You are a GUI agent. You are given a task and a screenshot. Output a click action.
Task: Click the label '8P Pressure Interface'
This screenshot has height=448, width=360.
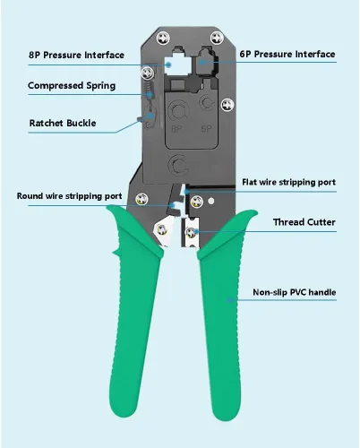pos(76,55)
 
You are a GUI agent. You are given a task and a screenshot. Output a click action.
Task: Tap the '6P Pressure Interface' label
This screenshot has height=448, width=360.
pos(287,54)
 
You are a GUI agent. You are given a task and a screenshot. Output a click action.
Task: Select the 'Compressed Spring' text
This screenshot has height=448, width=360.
pos(72,86)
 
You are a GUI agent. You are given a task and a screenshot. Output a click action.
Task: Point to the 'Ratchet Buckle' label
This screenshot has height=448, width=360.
pos(63,123)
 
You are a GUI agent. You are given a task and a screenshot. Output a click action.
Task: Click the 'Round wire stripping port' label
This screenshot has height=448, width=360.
pos(69,196)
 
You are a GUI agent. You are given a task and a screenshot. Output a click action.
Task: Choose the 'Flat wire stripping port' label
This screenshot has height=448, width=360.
pos(288,182)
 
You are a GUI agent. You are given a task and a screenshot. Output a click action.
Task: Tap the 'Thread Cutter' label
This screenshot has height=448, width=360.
pos(304,222)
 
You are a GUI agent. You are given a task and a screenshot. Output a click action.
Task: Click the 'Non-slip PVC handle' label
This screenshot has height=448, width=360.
pos(295,292)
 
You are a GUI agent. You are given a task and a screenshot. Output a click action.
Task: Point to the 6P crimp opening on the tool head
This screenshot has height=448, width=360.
pos(207,62)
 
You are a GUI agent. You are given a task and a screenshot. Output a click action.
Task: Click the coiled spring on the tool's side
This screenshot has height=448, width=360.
pos(149,90)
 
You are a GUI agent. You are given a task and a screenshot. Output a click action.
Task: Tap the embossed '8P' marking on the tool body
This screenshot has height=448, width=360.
pos(176,129)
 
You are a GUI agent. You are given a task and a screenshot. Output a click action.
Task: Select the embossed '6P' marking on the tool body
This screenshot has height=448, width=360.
pos(206,129)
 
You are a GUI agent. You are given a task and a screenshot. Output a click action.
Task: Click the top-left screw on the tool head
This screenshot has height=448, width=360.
pos(163,39)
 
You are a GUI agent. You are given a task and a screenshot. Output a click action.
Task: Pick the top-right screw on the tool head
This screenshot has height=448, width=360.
pos(217,38)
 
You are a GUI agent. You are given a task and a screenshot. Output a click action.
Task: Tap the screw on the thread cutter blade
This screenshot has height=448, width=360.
pos(191,232)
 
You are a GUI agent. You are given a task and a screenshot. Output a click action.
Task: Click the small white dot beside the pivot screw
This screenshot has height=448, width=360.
pos(211,201)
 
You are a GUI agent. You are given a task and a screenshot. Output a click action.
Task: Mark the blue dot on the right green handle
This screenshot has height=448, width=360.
pos(229,300)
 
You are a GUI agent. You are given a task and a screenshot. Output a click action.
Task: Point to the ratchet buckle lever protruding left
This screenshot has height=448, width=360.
pos(140,119)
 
